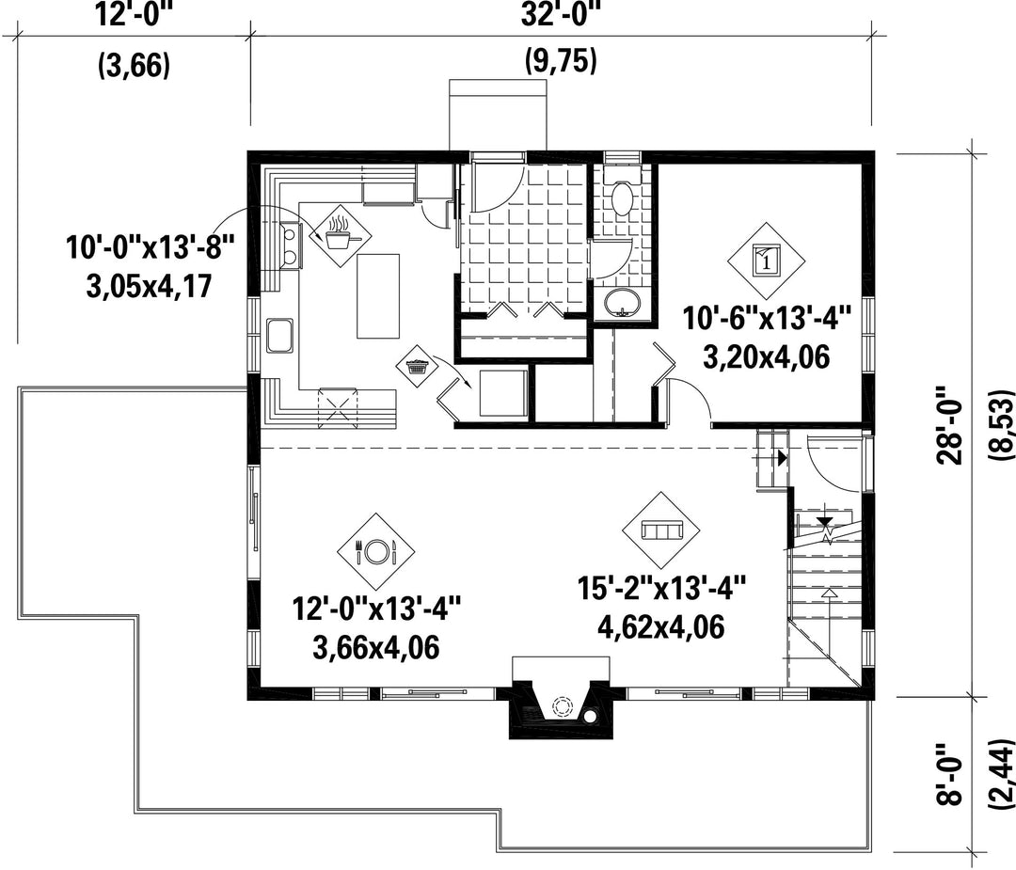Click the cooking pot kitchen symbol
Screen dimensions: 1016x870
pyautogui.click(x=341, y=236)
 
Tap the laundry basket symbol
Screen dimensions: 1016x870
pyautogui.click(x=418, y=366)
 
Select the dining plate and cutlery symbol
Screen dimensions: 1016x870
pyautogui.click(x=375, y=552)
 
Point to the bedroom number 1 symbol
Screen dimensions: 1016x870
pyautogui.click(x=766, y=261)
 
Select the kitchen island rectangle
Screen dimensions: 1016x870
pyautogui.click(x=378, y=296)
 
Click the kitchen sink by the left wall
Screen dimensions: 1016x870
pyautogui.click(x=279, y=336)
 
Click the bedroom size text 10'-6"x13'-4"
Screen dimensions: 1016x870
pyautogui.click(x=766, y=320)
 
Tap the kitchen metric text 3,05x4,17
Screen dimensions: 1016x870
pyautogui.click(x=149, y=286)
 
